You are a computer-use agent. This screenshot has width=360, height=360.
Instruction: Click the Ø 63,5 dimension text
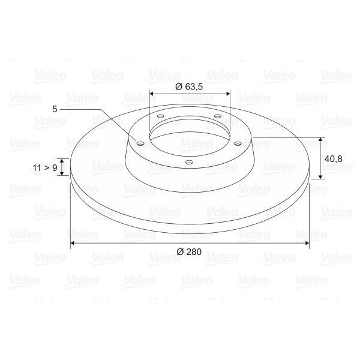[x=189, y=86]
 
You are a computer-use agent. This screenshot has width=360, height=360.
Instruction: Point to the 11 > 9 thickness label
[x=46, y=167]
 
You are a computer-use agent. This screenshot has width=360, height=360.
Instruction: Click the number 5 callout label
[x=55, y=109]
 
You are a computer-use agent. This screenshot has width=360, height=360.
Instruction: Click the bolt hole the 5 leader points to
[x=140, y=143]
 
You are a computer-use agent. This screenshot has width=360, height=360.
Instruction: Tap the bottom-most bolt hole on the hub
[x=189, y=162]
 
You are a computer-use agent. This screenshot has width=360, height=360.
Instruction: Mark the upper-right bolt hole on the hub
[x=218, y=116]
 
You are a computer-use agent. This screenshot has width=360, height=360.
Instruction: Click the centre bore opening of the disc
[x=189, y=133]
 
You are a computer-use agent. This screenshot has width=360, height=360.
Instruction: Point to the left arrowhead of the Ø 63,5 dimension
[x=151, y=94]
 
